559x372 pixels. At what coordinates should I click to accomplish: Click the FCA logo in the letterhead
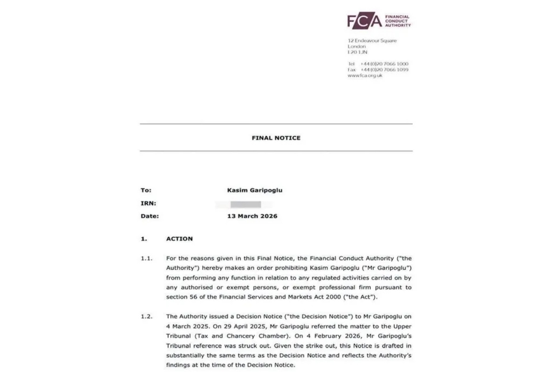[x=364, y=21]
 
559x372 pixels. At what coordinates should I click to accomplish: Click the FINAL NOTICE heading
[x=276, y=138]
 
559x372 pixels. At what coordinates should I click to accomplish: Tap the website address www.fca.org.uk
[x=365, y=75]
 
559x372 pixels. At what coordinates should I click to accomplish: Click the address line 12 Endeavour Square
[x=372, y=41]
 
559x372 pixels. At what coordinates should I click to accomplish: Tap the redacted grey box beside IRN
[x=245, y=204]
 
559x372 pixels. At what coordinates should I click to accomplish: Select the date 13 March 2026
[x=252, y=216]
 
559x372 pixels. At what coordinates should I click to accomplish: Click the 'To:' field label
[x=146, y=190]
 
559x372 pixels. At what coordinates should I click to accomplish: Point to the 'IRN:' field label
[x=148, y=203]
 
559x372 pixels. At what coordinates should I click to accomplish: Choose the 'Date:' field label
[x=150, y=216]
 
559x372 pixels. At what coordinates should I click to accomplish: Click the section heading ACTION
[x=179, y=239]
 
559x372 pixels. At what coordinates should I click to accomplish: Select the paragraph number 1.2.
[x=147, y=317]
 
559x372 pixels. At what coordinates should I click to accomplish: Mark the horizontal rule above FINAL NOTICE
[x=276, y=124]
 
